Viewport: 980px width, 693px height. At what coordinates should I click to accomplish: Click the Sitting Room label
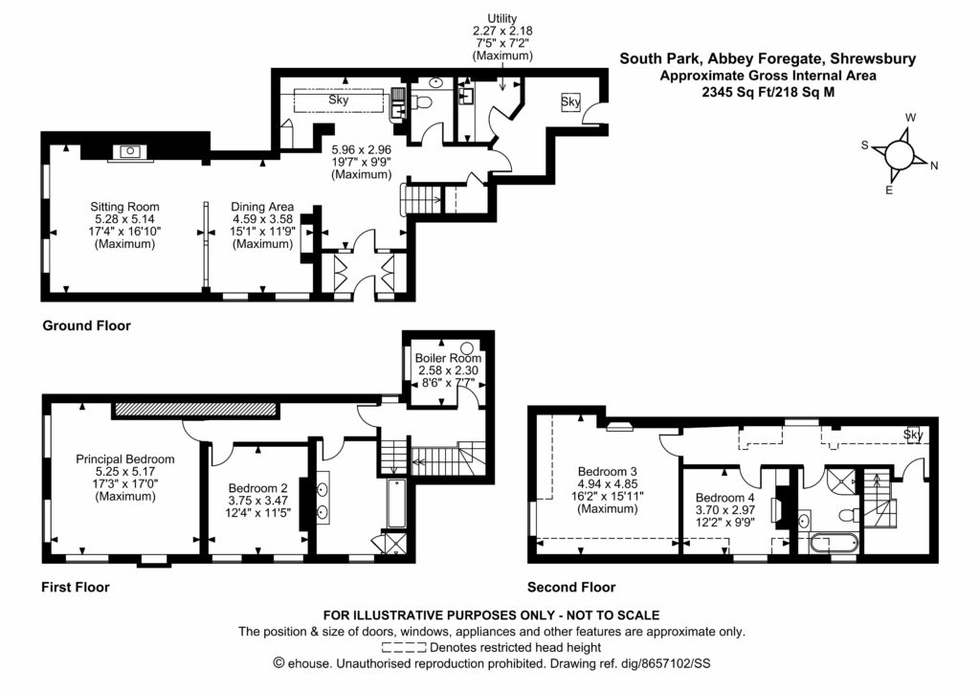(x=124, y=206)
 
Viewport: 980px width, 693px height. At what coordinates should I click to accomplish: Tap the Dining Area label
(x=262, y=206)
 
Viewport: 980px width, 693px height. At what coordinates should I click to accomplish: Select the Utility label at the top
(x=501, y=18)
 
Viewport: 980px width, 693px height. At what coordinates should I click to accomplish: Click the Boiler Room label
(x=448, y=358)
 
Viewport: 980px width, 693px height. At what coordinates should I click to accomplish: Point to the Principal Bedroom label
(x=125, y=458)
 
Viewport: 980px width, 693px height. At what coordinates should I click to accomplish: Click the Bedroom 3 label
(x=607, y=471)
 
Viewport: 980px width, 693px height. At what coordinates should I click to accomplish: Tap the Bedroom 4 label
(x=724, y=498)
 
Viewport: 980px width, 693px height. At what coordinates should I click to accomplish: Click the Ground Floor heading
(x=86, y=325)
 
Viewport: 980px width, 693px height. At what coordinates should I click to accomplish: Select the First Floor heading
(x=76, y=587)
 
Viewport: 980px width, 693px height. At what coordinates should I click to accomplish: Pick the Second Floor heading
(x=571, y=587)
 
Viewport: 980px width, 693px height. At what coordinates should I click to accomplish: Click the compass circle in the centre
(x=899, y=154)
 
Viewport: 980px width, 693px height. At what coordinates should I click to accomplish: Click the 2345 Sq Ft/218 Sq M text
(x=768, y=93)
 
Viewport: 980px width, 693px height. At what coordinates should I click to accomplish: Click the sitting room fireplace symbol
(x=127, y=151)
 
